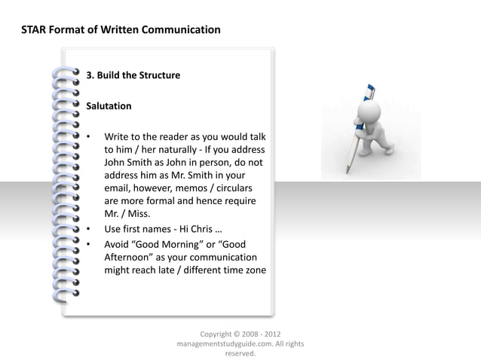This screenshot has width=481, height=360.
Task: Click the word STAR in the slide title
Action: [x=37, y=30]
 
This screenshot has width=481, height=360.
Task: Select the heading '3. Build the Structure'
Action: [x=133, y=75]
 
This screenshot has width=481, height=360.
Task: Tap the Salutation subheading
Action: [x=109, y=106]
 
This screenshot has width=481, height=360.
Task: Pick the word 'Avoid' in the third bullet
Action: [x=118, y=244]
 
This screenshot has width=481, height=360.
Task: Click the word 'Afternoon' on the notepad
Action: [x=128, y=257]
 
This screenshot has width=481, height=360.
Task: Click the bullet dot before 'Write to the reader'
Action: [x=89, y=137]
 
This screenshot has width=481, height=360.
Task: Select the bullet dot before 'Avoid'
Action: [x=89, y=244]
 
